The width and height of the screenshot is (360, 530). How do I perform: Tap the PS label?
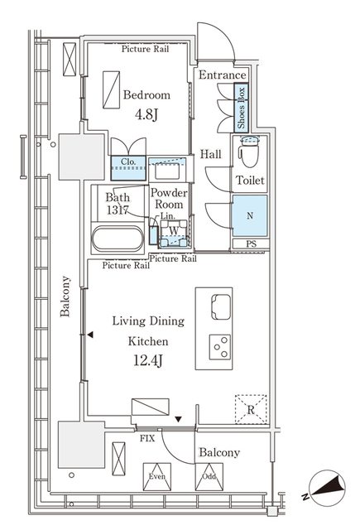point(250,244)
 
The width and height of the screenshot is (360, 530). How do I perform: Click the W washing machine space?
point(173,232)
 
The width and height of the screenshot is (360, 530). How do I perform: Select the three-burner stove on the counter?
point(220,346)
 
